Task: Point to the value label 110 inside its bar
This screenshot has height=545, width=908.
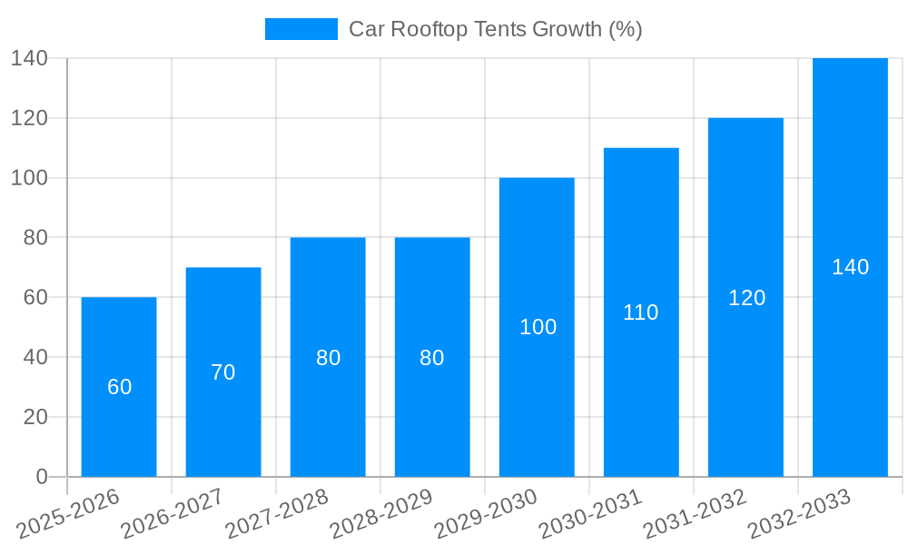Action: tap(641, 312)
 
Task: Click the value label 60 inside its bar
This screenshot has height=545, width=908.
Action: tap(120, 387)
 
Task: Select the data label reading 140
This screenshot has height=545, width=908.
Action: tap(851, 267)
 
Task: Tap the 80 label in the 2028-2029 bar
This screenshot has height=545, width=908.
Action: tap(432, 358)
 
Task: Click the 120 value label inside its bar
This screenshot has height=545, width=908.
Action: tap(747, 298)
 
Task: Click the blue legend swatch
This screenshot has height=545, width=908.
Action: tap(301, 29)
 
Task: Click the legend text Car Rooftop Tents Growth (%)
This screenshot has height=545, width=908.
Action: tap(496, 29)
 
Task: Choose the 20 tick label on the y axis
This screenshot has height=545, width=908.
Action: tap(35, 417)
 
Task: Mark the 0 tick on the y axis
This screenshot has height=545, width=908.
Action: tap(42, 477)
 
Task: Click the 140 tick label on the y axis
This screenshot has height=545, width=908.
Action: tap(29, 58)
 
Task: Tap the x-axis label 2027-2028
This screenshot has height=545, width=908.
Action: tap(277, 514)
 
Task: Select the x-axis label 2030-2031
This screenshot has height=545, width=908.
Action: tap(590, 514)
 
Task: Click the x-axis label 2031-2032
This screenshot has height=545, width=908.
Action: tap(695, 514)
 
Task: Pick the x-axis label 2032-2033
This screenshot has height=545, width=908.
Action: tap(799, 514)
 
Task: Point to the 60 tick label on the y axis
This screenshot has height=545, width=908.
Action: tap(35, 298)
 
